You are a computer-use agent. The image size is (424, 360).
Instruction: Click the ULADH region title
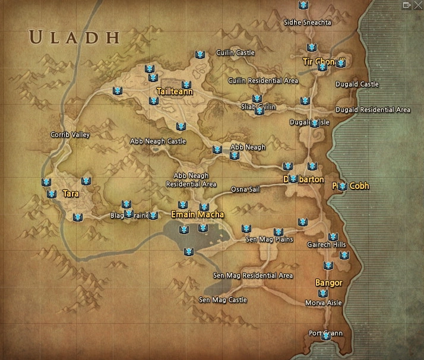coord(74,37)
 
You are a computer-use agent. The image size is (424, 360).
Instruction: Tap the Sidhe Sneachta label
coord(308,23)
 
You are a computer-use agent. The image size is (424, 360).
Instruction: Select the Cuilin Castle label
coord(235,53)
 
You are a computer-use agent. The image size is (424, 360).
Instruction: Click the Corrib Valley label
coord(70,135)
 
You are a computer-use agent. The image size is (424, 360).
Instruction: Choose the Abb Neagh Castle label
coord(158,141)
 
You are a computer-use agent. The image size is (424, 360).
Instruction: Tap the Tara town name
coord(71,194)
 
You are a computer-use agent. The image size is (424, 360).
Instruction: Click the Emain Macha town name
coord(197,214)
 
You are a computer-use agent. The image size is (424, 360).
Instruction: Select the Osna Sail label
coord(246,189)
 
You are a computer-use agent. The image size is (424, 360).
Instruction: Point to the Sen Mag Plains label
coord(270,239)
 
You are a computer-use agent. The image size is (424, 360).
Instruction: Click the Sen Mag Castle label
coord(223,300)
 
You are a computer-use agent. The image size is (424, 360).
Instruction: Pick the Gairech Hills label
coord(327,245)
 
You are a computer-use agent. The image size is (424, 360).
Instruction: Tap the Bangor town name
coord(328,283)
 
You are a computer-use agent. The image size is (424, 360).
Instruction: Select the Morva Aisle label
coord(323,303)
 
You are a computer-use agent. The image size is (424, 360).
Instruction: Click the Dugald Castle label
coord(357,84)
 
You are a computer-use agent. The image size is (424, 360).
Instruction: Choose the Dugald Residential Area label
coord(373,110)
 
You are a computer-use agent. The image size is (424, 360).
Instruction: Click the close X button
coord(418,5)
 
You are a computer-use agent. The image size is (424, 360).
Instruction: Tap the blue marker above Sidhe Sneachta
coord(303,5)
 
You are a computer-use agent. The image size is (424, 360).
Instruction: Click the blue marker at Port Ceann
coord(326,336)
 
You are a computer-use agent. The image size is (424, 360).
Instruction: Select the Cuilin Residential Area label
coord(263,80)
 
